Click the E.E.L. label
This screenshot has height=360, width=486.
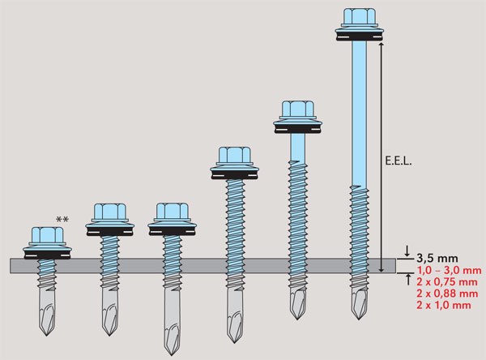click(399, 161)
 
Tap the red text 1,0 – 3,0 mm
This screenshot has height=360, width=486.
click(449, 270)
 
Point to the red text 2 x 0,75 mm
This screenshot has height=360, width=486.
click(447, 282)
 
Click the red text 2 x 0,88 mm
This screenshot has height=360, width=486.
click(447, 294)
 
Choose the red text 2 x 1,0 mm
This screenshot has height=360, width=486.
click(444, 305)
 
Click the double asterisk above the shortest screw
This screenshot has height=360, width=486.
click(62, 220)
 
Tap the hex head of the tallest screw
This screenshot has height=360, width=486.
click(360, 17)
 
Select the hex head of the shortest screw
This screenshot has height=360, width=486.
click(48, 236)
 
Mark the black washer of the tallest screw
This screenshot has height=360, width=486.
click(360, 36)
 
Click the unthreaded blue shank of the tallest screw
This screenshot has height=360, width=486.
click(360, 114)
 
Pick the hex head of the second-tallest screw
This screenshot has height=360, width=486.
click(297, 109)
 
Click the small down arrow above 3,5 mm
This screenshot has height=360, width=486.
click(407, 251)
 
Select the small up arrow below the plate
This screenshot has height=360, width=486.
click(407, 279)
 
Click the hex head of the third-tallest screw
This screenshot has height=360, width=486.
click(234, 156)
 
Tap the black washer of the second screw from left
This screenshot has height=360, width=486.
click(109, 232)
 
